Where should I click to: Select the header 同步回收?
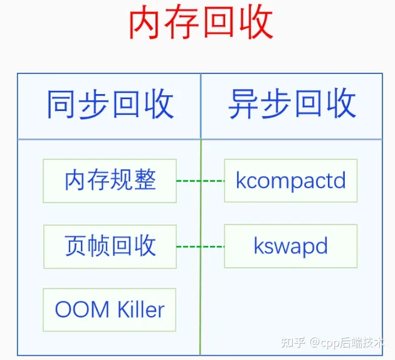(x=110, y=104)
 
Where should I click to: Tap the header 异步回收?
(x=292, y=104)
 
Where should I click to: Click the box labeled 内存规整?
(x=110, y=181)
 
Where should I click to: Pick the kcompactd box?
(x=291, y=181)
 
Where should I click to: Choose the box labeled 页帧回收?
(x=110, y=246)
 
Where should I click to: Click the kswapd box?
(x=291, y=246)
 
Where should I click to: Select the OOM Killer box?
(x=110, y=310)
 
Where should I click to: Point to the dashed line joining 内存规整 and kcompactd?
(x=200, y=181)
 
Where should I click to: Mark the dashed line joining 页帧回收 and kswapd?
(x=200, y=246)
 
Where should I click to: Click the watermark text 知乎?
(x=293, y=342)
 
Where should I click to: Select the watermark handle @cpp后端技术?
(x=351, y=342)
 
